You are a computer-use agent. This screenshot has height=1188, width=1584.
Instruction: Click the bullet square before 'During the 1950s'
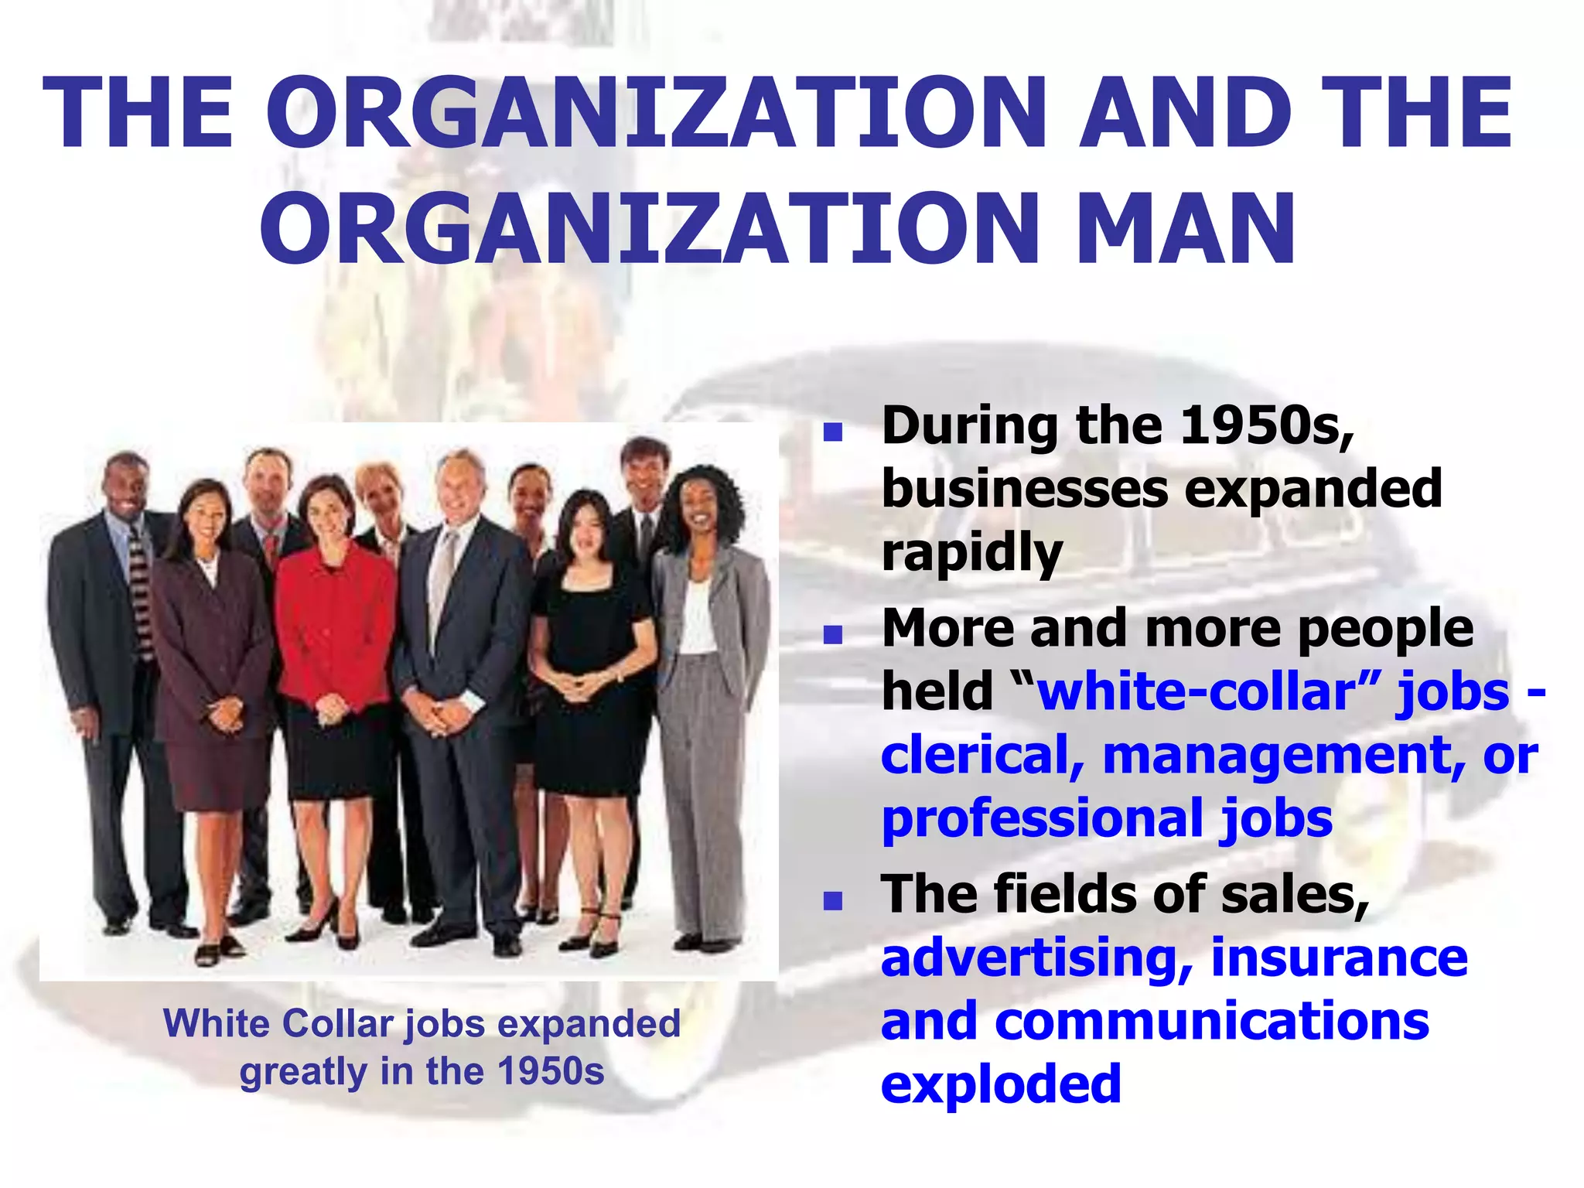832,432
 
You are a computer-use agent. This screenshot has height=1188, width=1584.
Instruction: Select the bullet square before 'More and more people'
832,635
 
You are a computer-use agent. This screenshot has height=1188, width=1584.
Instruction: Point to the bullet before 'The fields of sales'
832,900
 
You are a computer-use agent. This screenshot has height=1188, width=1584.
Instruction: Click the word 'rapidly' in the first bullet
972,554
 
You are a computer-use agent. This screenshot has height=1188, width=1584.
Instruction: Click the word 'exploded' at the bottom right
1001,1084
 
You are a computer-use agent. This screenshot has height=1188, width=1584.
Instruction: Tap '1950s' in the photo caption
551,1072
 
